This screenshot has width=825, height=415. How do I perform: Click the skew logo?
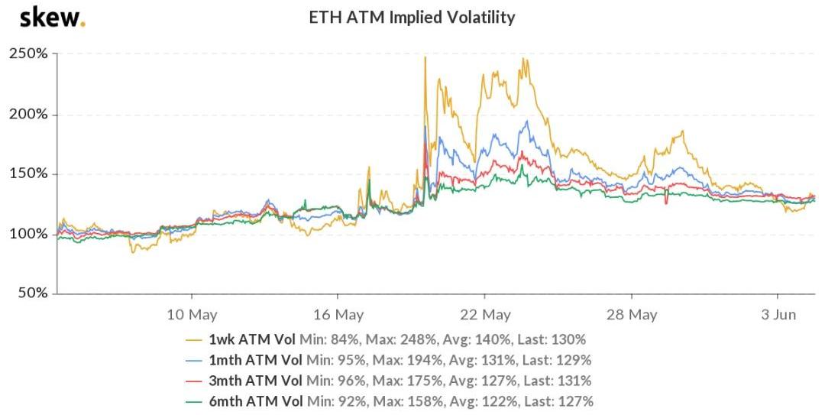click(x=52, y=17)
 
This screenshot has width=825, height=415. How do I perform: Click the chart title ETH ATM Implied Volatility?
click(x=412, y=17)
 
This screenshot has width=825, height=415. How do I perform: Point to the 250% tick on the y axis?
click(x=28, y=54)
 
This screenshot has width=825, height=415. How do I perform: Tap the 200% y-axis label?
click(x=28, y=114)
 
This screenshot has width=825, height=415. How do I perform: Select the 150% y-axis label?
click(x=28, y=173)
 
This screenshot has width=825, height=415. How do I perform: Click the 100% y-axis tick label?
click(x=28, y=233)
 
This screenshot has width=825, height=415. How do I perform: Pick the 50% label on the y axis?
click(x=32, y=293)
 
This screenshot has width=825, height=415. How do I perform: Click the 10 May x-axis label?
click(x=191, y=314)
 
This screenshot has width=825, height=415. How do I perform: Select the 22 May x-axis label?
click(x=484, y=314)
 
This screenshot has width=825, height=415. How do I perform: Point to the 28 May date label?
click(x=631, y=314)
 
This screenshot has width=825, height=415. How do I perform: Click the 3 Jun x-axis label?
click(x=778, y=314)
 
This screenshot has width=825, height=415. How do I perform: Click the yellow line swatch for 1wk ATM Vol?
click(x=196, y=339)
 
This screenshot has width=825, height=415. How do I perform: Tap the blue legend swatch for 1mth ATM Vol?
click(x=196, y=360)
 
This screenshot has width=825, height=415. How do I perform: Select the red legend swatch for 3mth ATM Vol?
click(x=196, y=381)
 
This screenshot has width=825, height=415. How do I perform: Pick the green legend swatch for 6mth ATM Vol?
click(x=196, y=401)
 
